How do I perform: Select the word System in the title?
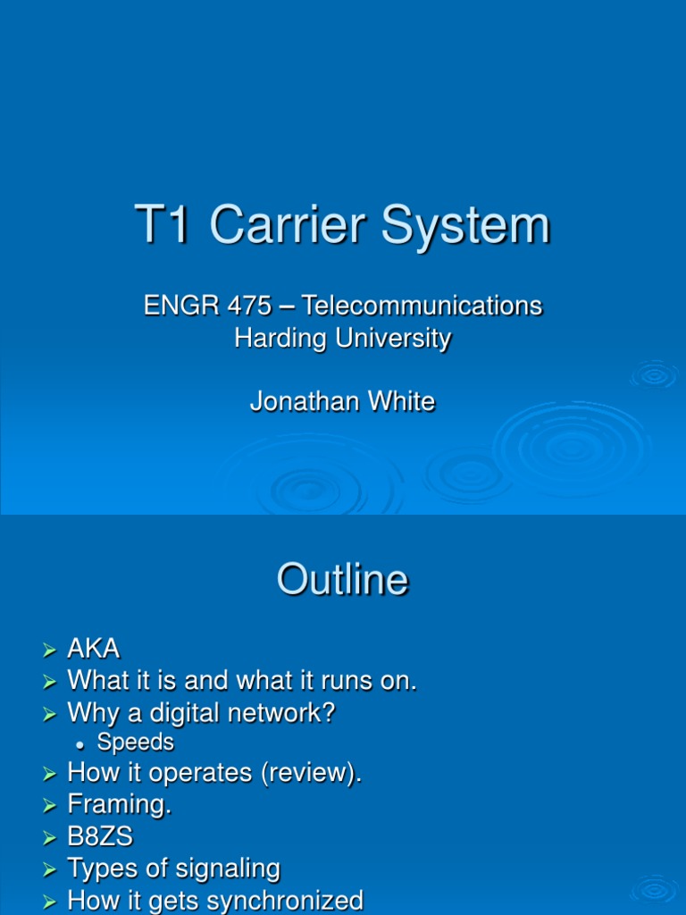tap(466, 226)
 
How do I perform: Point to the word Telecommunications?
tap(422, 306)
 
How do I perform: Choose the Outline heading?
tap(343, 581)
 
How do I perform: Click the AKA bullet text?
tap(94, 650)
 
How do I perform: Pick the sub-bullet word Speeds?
tap(136, 743)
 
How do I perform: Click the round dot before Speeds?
tap(80, 744)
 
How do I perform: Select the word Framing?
tap(119, 805)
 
